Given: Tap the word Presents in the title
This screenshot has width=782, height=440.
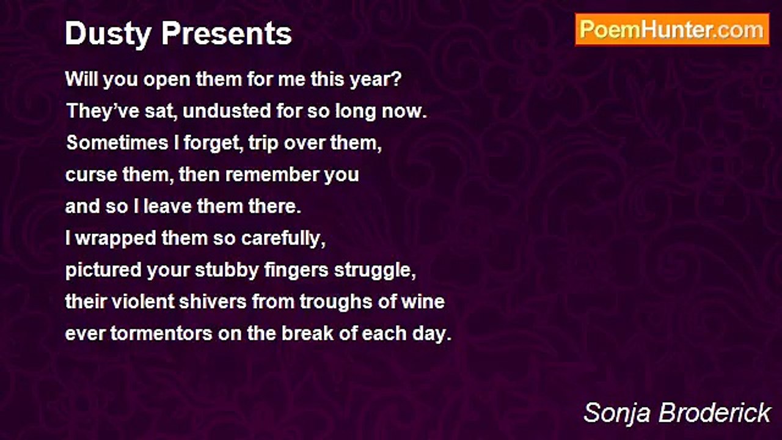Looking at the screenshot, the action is point(226,33).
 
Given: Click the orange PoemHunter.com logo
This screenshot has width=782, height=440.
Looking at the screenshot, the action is point(672,30).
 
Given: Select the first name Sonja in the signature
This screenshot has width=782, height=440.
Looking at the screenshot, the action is point(617,413).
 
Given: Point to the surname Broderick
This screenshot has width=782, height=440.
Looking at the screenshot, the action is point(715,413).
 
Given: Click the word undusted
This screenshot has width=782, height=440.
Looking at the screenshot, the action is point(227,111).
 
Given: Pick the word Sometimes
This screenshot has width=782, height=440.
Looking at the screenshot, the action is point(117,143).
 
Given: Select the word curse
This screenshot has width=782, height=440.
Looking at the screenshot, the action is point(91,175).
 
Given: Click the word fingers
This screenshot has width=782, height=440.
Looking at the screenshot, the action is point(296,271).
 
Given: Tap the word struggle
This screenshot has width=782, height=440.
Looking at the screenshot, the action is point(375,271).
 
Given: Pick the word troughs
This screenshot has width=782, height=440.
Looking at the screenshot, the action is point(336,302).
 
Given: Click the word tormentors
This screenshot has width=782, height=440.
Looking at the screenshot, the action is point(162,334).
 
